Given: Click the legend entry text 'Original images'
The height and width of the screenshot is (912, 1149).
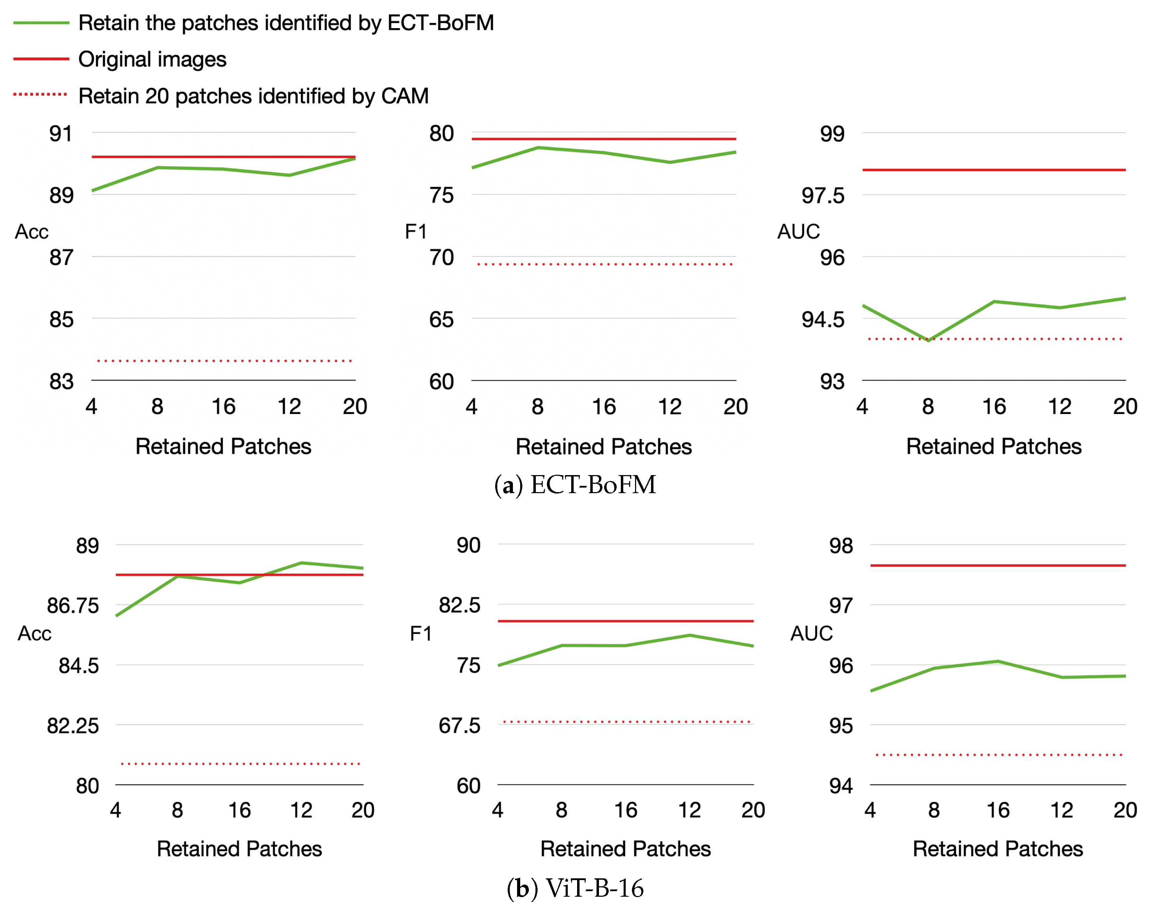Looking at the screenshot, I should (152, 59).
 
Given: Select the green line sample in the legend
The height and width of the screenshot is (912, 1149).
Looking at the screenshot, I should (41, 23).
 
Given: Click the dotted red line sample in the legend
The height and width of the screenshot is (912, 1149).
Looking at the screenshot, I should (41, 95).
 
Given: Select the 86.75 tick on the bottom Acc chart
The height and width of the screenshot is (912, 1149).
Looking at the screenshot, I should (73, 606).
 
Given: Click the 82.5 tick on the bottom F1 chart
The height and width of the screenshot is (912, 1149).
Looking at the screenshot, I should (459, 605).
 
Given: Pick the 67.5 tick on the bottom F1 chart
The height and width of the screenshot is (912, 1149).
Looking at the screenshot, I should (459, 725).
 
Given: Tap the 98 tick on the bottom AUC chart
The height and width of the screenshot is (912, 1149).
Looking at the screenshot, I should (841, 546).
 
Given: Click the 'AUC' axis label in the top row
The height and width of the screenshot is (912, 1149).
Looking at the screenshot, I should (798, 231).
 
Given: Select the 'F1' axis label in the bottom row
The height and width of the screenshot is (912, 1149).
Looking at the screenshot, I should (421, 633).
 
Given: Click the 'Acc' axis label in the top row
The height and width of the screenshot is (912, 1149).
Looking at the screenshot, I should (32, 231).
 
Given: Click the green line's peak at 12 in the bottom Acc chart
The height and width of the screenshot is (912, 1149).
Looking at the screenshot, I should (302, 563).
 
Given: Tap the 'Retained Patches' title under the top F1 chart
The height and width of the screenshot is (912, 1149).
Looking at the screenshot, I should (603, 447).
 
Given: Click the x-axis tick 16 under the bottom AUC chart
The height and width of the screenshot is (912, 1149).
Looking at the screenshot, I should (998, 810).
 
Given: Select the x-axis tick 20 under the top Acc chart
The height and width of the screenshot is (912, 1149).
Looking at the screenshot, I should (355, 407).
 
